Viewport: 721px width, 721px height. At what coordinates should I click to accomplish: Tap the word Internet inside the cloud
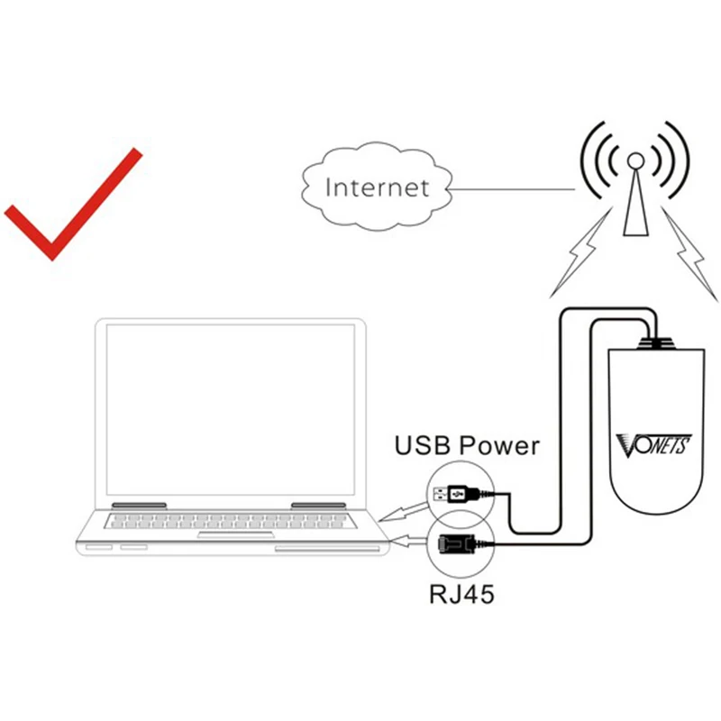pyautogui.click(x=377, y=187)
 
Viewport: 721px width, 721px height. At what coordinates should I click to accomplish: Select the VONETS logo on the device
pyautogui.click(x=653, y=445)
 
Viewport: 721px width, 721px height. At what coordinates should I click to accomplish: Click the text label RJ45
pyautogui.click(x=461, y=594)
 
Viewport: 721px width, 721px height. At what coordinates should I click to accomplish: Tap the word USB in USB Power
pyautogui.click(x=423, y=445)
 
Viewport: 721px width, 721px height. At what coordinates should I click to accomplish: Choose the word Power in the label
pyautogui.click(x=499, y=445)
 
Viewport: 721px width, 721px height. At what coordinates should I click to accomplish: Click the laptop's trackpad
pyautogui.click(x=236, y=534)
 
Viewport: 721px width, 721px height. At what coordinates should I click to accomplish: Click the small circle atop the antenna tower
pyautogui.click(x=636, y=160)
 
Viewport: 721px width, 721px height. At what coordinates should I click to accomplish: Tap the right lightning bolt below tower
pyautogui.click(x=689, y=254)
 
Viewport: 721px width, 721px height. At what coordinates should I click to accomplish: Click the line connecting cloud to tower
pyautogui.click(x=511, y=189)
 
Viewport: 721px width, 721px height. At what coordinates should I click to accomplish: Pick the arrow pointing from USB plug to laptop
pyautogui.click(x=404, y=512)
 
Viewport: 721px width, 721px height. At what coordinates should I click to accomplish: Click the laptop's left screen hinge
pyautogui.click(x=139, y=506)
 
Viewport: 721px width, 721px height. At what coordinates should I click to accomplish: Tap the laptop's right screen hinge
pyautogui.click(x=318, y=506)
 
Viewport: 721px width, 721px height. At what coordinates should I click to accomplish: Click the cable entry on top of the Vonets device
pyautogui.click(x=656, y=343)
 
